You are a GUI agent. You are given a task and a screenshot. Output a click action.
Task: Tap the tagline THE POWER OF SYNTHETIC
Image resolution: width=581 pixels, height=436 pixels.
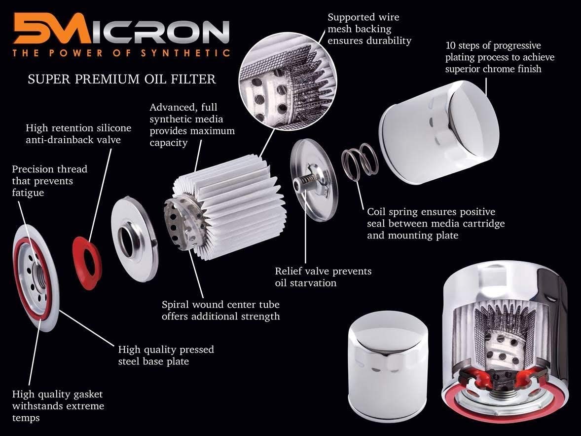pyautogui.click(x=121, y=53)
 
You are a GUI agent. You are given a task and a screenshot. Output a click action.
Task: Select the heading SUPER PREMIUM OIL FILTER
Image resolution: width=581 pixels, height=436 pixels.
pyautogui.click(x=121, y=79)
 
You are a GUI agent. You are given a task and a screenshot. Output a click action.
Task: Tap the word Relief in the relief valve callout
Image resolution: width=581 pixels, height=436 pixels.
pyautogui.click(x=289, y=271)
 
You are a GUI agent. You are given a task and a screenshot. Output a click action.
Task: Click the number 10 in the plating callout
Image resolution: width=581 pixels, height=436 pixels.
pyautogui.click(x=451, y=46)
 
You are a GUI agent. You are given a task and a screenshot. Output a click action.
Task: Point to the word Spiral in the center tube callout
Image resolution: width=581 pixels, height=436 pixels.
pyautogui.click(x=176, y=304)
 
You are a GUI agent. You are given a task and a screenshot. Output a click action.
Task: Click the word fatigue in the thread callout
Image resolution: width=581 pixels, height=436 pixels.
pyautogui.click(x=28, y=193)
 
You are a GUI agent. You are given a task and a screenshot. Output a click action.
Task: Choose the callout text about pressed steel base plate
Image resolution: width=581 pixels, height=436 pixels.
pyautogui.click(x=166, y=356)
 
